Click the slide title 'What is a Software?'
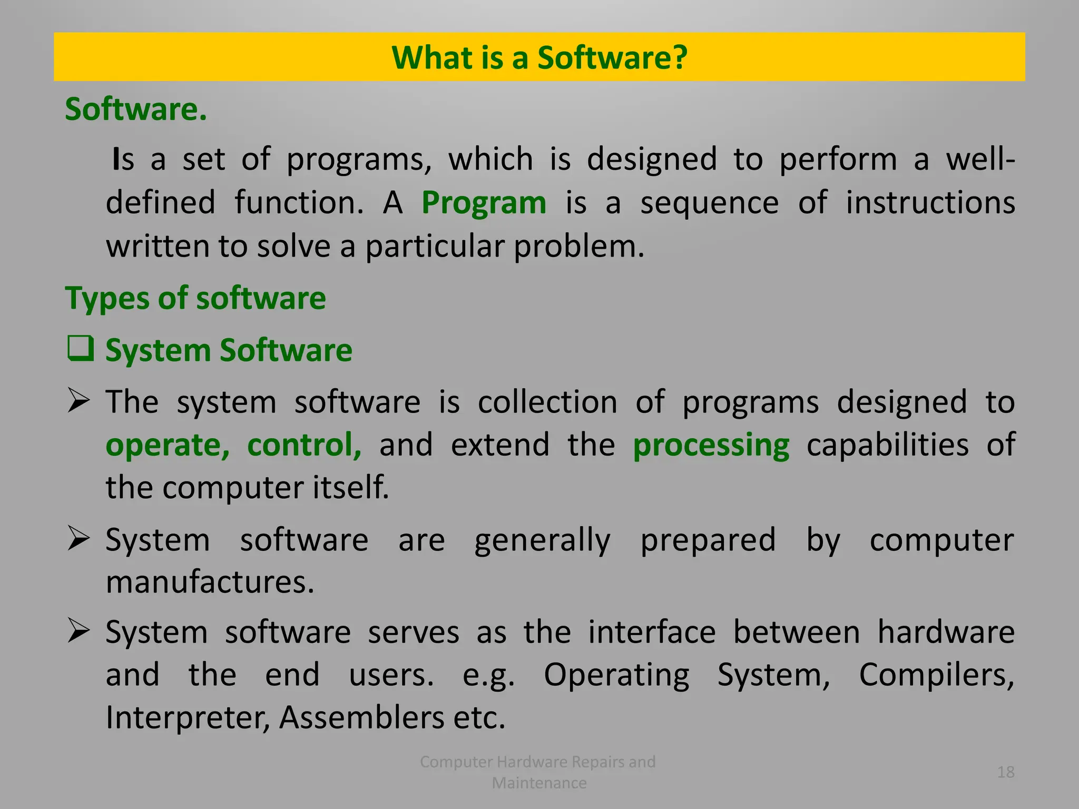[x=539, y=57]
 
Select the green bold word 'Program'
[x=484, y=203]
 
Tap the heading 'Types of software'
[x=195, y=298]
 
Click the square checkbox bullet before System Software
[x=81, y=349]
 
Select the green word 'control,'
[x=304, y=445]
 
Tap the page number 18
[x=1005, y=772]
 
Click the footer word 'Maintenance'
[x=539, y=783]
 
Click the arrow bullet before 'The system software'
[x=79, y=402]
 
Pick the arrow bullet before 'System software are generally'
[x=79, y=539]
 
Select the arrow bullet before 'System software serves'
[x=79, y=631]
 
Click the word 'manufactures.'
[x=210, y=582]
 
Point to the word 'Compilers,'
[x=936, y=675]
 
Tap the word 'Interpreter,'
[x=188, y=717]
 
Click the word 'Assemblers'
[x=361, y=717]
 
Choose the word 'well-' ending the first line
[x=980, y=159]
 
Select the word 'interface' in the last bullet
[x=652, y=632]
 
